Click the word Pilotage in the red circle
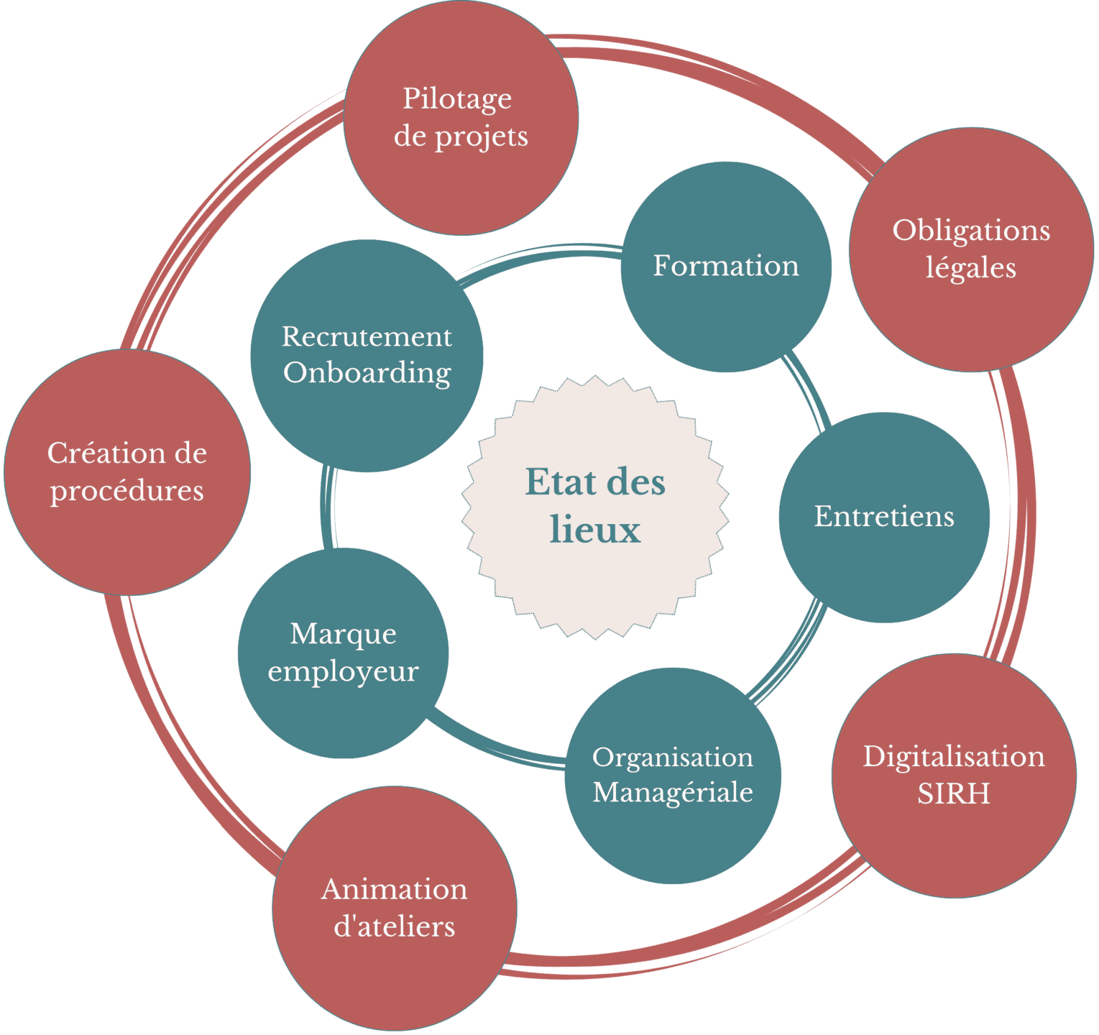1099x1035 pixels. point(457,100)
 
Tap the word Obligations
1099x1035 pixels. point(971,231)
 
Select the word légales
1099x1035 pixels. point(970,268)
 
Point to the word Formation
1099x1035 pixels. point(726,266)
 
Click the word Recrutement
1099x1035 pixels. point(367,336)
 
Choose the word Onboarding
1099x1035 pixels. point(367,373)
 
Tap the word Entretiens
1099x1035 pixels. point(884,517)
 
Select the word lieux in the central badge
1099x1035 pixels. point(595,530)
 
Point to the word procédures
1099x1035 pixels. point(127,491)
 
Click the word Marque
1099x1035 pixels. point(343,634)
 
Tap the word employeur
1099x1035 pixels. point(343,671)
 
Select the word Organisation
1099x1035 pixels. point(673,757)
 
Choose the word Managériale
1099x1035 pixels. point(673,792)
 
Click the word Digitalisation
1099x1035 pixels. point(954,757)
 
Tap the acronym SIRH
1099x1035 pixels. point(954,793)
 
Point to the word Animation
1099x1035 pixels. point(395,890)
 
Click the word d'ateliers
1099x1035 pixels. point(395,926)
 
